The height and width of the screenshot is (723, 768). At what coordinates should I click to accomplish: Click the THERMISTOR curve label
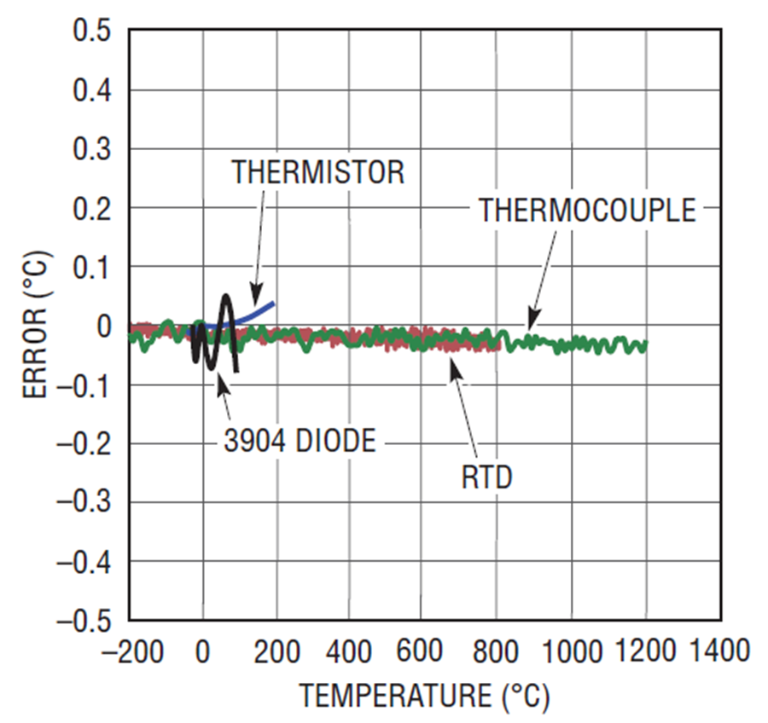click(317, 173)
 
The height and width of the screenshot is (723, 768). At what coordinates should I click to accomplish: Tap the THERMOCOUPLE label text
click(587, 210)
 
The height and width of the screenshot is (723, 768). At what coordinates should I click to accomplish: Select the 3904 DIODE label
click(300, 441)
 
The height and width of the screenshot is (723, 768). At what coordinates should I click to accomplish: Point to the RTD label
click(486, 477)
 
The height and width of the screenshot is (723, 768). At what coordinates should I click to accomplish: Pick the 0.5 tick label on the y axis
click(92, 32)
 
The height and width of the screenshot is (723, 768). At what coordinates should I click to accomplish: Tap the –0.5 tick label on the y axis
click(84, 620)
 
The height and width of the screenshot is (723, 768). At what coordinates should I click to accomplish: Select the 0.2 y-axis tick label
click(92, 209)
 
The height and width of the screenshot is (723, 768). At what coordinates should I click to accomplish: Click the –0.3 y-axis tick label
click(84, 502)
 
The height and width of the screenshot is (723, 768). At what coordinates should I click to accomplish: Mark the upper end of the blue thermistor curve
click(274, 303)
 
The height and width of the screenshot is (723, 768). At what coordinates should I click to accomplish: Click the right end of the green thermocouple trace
click(646, 344)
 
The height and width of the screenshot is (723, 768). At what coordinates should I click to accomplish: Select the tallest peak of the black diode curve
click(226, 297)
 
